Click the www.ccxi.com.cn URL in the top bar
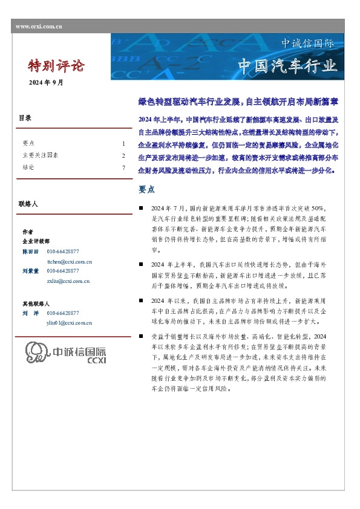39,27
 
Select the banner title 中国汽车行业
287,65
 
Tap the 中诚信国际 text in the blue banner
307,44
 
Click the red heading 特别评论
57,65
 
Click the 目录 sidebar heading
25,118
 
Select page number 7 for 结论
123,167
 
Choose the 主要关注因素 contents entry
40,155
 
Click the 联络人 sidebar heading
28,205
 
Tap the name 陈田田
30,251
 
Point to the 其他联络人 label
36,303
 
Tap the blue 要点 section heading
147,189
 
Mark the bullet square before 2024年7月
141,207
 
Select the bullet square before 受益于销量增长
141,336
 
